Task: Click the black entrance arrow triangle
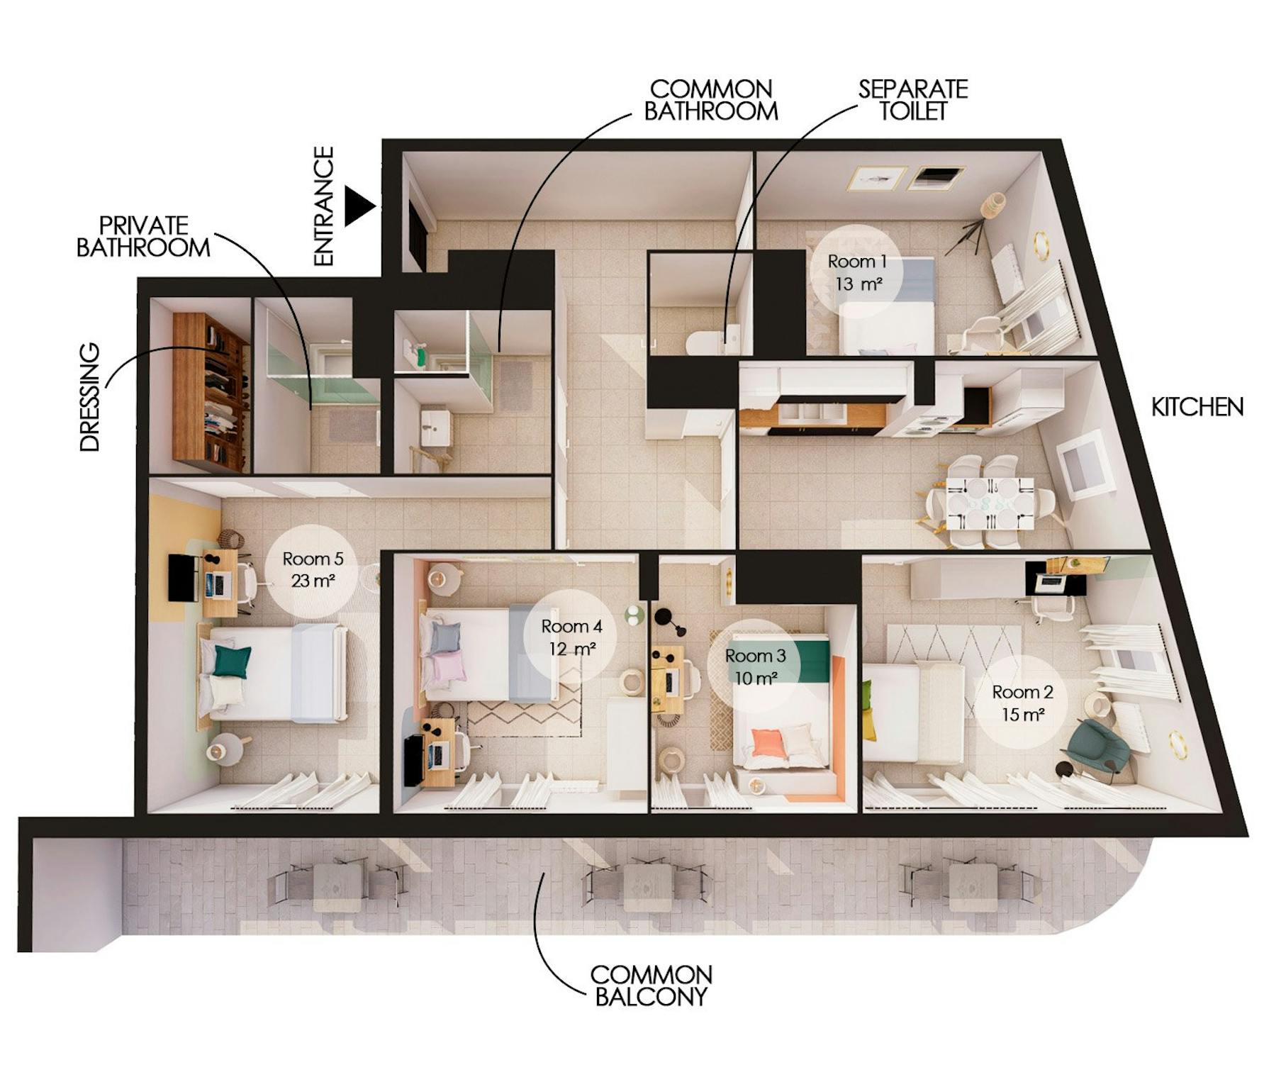(357, 206)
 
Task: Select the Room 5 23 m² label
(313, 569)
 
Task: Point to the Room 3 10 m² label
(756, 667)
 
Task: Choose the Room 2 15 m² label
(1022, 703)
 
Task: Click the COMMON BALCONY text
(651, 985)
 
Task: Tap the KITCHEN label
(1197, 407)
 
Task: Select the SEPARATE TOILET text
(913, 100)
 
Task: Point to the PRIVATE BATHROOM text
(143, 237)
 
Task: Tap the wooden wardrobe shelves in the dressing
(211, 392)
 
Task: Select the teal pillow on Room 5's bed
(233, 661)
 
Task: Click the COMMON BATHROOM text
(711, 100)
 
